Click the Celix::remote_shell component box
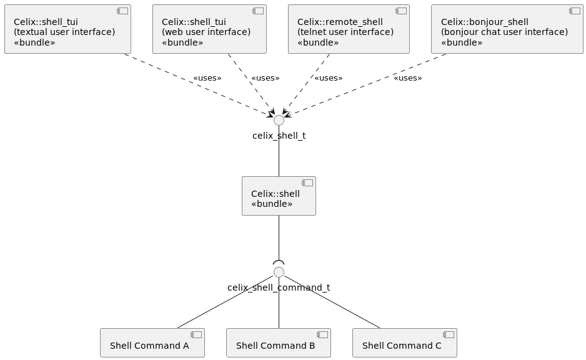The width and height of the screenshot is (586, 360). point(349,29)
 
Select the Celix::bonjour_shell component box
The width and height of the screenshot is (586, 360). point(507,29)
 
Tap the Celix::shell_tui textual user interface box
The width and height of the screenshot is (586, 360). point(67,29)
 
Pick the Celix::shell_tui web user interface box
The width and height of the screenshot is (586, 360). point(209,29)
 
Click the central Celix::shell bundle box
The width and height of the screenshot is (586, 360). point(279,196)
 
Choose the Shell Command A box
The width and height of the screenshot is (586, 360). point(152,343)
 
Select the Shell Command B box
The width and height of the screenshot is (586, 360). point(279,343)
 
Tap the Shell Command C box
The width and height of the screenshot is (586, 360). point(405,343)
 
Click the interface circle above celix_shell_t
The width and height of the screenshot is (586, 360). point(279,121)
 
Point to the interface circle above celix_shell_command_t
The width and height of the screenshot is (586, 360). point(279,272)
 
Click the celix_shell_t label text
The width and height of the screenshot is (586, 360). point(279,136)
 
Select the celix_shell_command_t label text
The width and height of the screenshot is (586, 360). point(279,287)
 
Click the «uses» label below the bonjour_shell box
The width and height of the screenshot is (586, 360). point(407,78)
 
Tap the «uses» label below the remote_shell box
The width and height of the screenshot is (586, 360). point(328,78)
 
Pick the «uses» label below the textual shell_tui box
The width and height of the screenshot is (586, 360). point(207,78)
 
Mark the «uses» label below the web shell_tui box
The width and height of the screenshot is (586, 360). point(265,78)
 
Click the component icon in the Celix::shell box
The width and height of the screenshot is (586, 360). point(307,183)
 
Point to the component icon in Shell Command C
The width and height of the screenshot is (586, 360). point(448,334)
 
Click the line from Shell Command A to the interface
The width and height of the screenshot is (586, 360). point(225,301)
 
